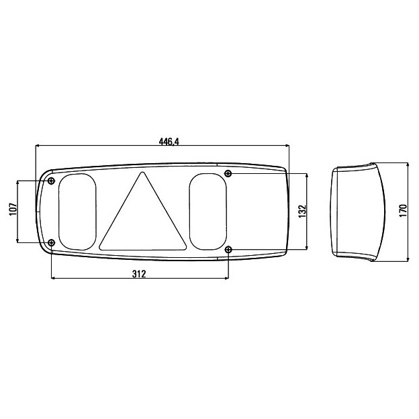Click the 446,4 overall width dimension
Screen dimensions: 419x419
[x=169, y=142]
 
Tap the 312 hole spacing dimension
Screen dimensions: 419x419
[x=139, y=274]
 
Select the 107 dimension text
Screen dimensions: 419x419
[x=13, y=209]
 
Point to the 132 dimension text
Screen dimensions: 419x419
[x=302, y=211]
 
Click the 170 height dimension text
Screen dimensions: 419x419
[x=404, y=211]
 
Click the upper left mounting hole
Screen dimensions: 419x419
[x=51, y=181]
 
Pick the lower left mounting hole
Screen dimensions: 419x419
[x=51, y=243]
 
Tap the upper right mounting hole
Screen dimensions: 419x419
[x=228, y=173]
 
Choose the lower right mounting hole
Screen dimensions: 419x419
[x=228, y=250]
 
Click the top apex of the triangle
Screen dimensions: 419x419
[x=142, y=173]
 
